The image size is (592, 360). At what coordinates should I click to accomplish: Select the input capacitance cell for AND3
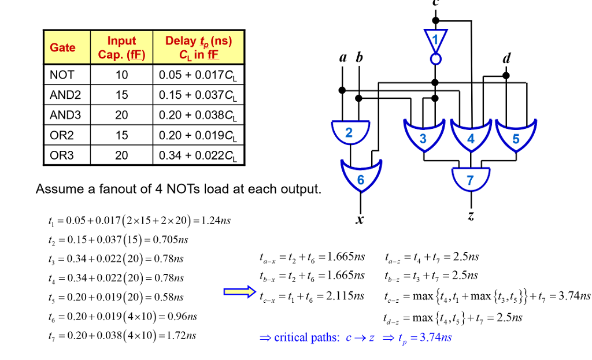[121, 116]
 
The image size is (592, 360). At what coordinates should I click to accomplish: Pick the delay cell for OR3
[198, 156]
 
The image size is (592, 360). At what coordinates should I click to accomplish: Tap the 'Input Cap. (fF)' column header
[121, 47]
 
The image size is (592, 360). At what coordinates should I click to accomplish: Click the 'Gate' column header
[62, 47]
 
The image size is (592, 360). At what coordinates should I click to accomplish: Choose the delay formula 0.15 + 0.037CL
[198, 95]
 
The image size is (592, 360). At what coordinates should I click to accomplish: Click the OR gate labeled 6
[361, 178]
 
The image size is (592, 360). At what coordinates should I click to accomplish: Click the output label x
[360, 220]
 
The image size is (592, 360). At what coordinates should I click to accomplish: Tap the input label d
[506, 58]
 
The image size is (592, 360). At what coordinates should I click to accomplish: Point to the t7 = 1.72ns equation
[122, 335]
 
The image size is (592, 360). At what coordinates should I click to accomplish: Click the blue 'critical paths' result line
[356, 337]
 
